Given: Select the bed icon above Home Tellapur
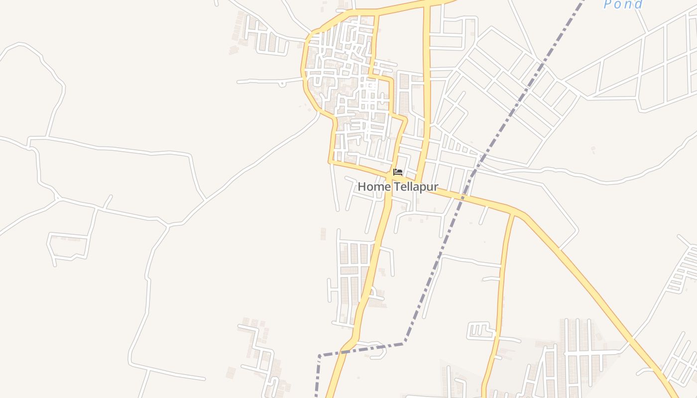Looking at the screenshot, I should [x=397, y=172].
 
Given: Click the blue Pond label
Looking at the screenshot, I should [x=623, y=5].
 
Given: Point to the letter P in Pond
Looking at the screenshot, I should [x=608, y=5].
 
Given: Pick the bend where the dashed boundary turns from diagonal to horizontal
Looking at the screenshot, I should [x=404, y=342].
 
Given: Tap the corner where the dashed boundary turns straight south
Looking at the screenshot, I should [x=319, y=356].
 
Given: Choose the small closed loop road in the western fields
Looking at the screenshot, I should [x=68, y=246].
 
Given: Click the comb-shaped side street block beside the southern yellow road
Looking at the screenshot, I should [x=478, y=330].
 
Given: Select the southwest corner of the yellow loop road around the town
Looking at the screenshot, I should [x=330, y=162].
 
